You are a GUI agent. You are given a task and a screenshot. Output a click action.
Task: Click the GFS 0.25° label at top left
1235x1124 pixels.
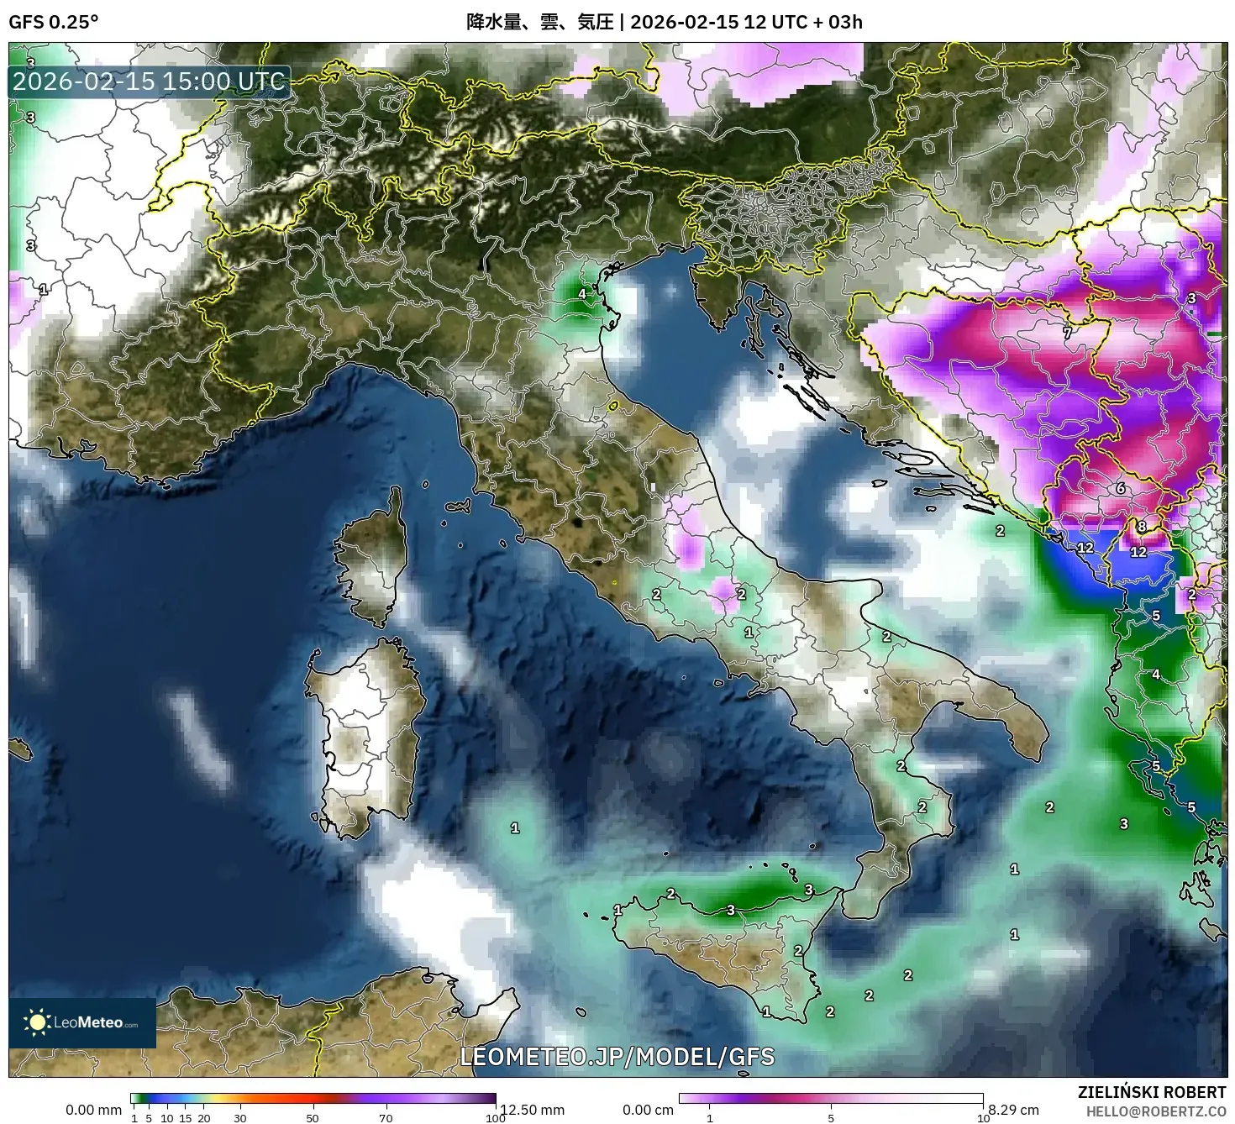(53, 22)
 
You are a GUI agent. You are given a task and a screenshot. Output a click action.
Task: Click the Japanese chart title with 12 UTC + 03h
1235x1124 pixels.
(664, 22)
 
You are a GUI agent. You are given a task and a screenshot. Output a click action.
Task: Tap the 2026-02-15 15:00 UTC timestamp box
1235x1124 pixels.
(149, 81)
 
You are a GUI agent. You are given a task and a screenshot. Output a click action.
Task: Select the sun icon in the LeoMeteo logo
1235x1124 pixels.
(38, 1022)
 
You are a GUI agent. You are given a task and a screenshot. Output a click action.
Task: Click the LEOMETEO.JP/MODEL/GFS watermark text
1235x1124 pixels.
(617, 1056)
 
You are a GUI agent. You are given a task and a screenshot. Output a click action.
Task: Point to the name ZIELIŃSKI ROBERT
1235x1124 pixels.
(1152, 1092)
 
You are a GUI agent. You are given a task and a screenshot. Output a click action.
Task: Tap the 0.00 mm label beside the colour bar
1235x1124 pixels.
(93, 1110)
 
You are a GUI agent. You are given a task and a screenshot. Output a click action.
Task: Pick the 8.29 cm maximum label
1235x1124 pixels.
(1014, 1110)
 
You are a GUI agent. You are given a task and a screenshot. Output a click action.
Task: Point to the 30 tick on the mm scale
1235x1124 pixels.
(240, 1118)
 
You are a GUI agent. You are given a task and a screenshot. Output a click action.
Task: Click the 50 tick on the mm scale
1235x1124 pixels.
(313, 1118)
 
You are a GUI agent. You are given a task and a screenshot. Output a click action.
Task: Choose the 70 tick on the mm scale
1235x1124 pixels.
(386, 1118)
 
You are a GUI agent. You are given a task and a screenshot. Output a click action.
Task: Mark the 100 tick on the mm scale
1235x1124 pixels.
(496, 1118)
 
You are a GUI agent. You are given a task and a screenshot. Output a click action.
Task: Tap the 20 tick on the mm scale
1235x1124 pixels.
(204, 1118)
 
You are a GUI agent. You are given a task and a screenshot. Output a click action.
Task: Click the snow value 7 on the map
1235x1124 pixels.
(1068, 333)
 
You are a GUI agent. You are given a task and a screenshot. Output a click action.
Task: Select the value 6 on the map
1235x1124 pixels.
(1120, 488)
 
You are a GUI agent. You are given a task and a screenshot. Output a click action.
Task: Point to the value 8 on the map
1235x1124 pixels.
(1141, 527)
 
